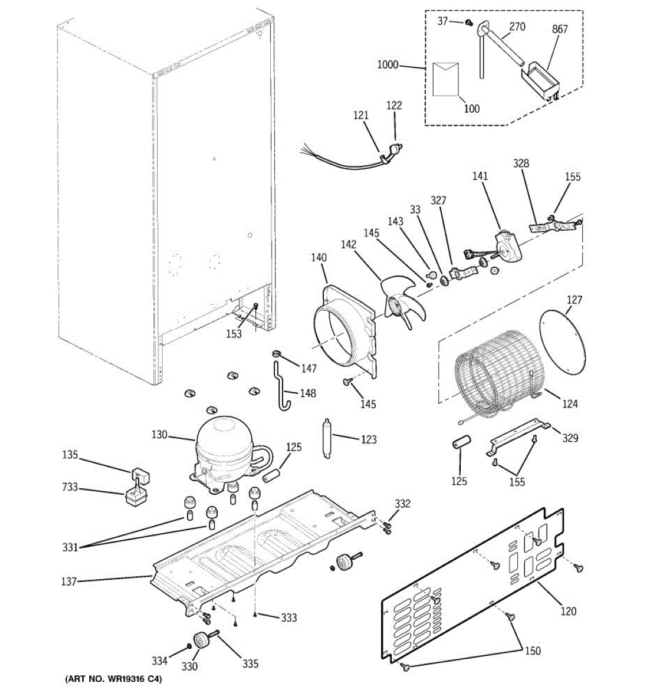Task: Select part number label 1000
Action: [x=388, y=65]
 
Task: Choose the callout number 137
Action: [x=69, y=582]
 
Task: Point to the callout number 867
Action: [x=560, y=29]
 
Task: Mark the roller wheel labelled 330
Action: [x=202, y=639]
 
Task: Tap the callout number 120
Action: [x=568, y=610]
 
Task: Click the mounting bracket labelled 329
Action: [x=518, y=435]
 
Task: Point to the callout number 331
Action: [x=70, y=548]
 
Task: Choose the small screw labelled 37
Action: [x=468, y=22]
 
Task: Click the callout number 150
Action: [x=533, y=651]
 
